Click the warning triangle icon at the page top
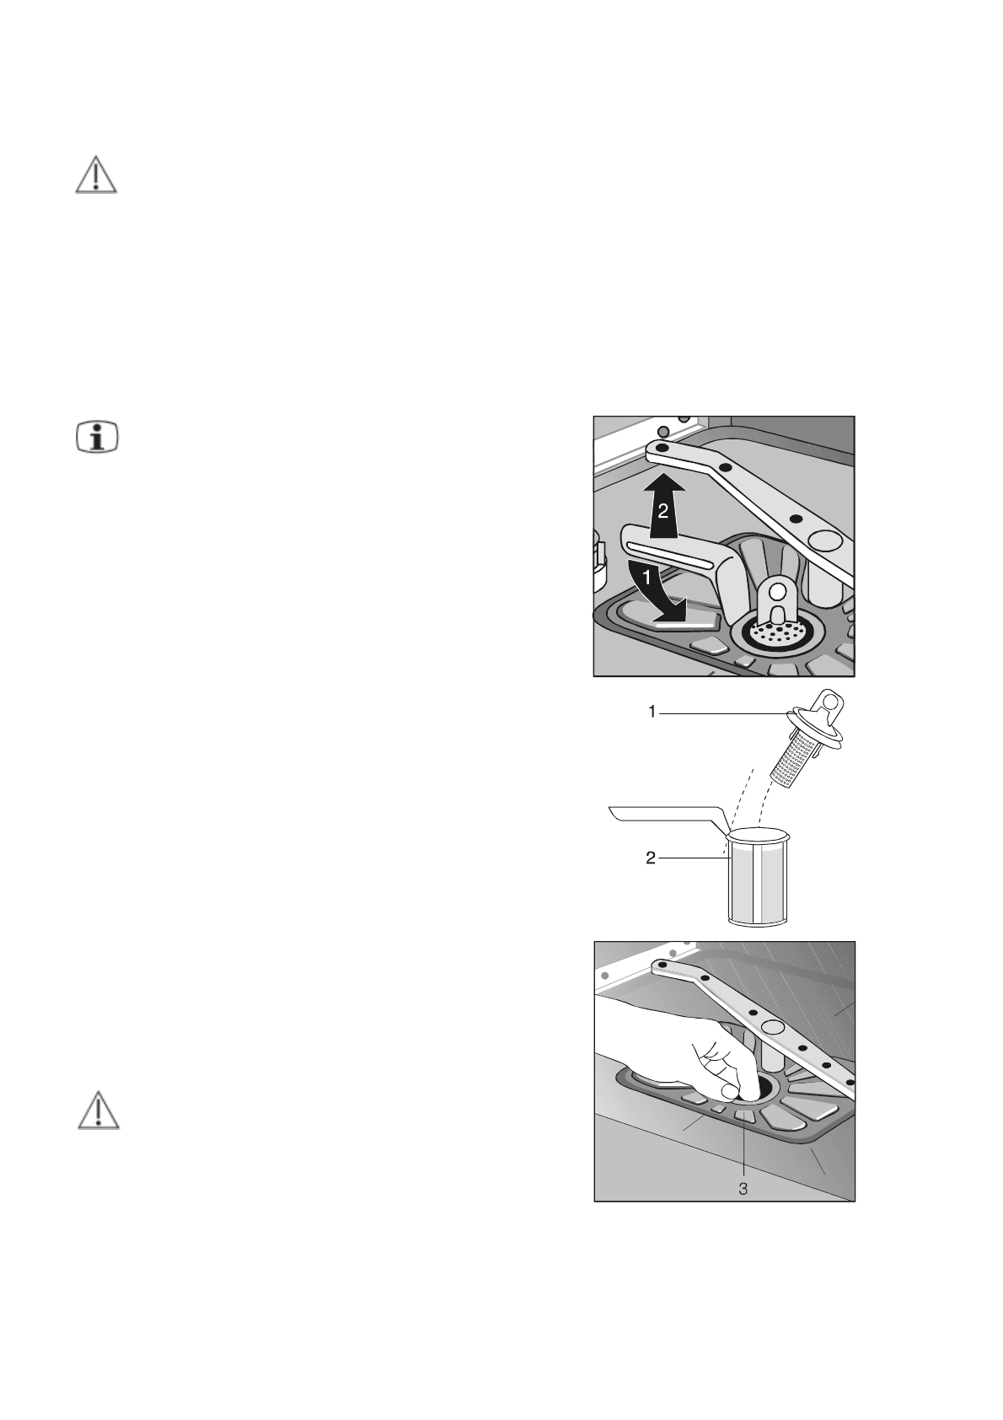(x=96, y=175)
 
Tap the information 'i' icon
(x=97, y=437)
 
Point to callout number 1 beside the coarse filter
(x=652, y=713)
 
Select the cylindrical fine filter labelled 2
(x=759, y=881)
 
